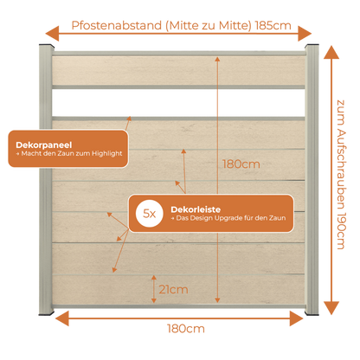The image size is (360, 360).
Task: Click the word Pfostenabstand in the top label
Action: click(x=117, y=26)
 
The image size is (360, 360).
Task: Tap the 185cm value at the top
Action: click(x=273, y=26)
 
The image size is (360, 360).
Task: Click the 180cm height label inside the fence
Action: click(x=241, y=164)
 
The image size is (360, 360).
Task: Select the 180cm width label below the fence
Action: click(x=186, y=329)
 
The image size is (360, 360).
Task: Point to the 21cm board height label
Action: click(x=173, y=289)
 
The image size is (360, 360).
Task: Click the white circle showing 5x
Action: click(x=150, y=214)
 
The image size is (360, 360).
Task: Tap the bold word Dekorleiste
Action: click(x=196, y=209)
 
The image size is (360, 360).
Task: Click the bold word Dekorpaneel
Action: click(x=44, y=145)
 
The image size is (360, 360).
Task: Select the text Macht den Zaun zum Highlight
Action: click(x=72, y=153)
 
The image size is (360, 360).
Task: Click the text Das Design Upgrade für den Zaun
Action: click(x=231, y=218)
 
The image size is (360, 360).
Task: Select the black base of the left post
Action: click(x=46, y=313)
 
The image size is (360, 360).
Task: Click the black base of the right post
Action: click(x=312, y=313)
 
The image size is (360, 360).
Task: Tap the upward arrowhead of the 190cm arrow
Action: click(x=331, y=53)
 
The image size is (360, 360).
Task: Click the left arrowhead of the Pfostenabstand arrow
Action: click(x=52, y=34)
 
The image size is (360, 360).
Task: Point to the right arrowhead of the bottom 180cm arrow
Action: click(x=297, y=318)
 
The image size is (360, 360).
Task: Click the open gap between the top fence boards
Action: click(x=178, y=103)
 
